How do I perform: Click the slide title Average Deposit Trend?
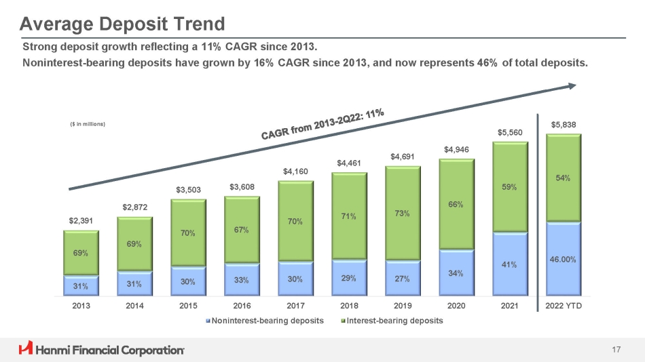click(x=122, y=24)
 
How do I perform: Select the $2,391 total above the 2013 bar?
click(x=81, y=221)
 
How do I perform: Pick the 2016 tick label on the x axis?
click(x=242, y=306)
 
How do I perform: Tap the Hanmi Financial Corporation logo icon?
click(x=26, y=349)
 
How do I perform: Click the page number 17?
click(x=616, y=350)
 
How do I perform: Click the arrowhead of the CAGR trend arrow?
click(x=572, y=85)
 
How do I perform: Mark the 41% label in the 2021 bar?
click(x=509, y=265)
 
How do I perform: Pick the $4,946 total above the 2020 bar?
click(x=456, y=149)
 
